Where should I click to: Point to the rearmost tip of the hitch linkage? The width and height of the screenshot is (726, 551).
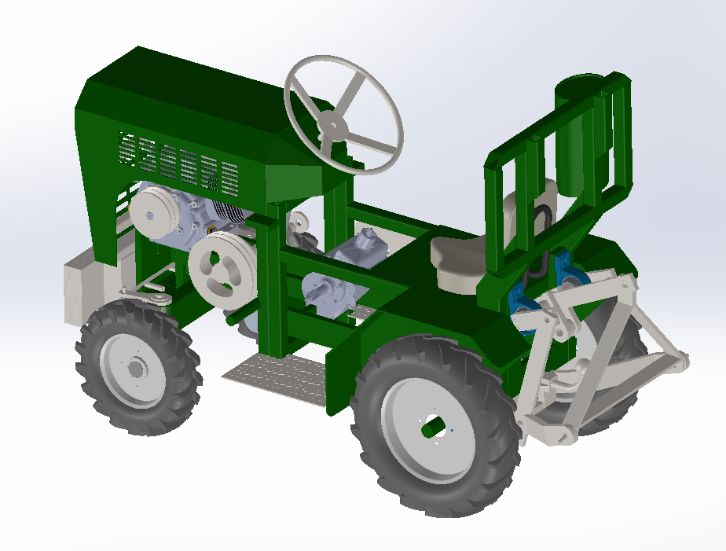pyautogui.click(x=680, y=361)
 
